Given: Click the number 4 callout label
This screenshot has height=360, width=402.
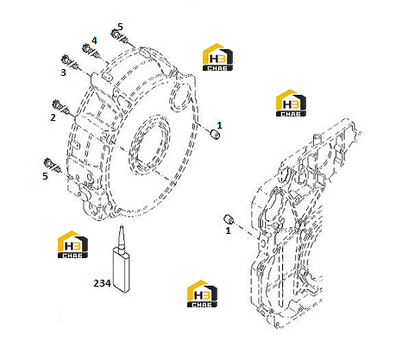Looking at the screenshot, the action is [x=94, y=41].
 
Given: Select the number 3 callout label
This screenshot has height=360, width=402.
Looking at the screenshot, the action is [x=63, y=73].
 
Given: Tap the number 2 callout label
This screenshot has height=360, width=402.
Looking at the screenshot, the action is [x=53, y=117].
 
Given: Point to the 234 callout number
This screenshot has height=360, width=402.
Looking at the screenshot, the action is [x=102, y=283].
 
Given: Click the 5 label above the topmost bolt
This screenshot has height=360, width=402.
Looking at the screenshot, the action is [x=120, y=27].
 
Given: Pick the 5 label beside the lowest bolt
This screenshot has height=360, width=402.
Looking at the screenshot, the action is [x=45, y=176].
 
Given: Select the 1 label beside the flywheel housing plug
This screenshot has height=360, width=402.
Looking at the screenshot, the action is [x=219, y=125].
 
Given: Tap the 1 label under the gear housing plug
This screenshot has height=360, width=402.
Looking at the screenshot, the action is [x=228, y=231].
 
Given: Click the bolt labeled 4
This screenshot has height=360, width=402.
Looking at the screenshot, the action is [x=91, y=51].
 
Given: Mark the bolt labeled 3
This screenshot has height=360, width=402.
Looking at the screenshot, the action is [x=70, y=62].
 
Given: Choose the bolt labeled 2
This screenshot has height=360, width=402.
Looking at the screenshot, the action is [x=60, y=107].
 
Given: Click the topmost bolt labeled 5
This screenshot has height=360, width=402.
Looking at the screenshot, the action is [x=119, y=36].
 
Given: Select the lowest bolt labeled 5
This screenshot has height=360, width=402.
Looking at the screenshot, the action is [x=53, y=165].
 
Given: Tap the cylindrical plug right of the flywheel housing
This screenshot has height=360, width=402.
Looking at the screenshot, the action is [x=215, y=134].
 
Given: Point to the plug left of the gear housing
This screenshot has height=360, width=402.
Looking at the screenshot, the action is [x=229, y=219].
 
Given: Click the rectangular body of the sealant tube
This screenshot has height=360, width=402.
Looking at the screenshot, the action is [x=122, y=269].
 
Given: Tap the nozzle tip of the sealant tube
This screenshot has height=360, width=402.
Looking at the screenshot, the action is [x=122, y=226].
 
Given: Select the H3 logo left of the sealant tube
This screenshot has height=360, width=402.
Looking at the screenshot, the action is [x=72, y=244].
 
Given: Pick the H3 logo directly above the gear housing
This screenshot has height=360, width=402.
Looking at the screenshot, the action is [x=291, y=103].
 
